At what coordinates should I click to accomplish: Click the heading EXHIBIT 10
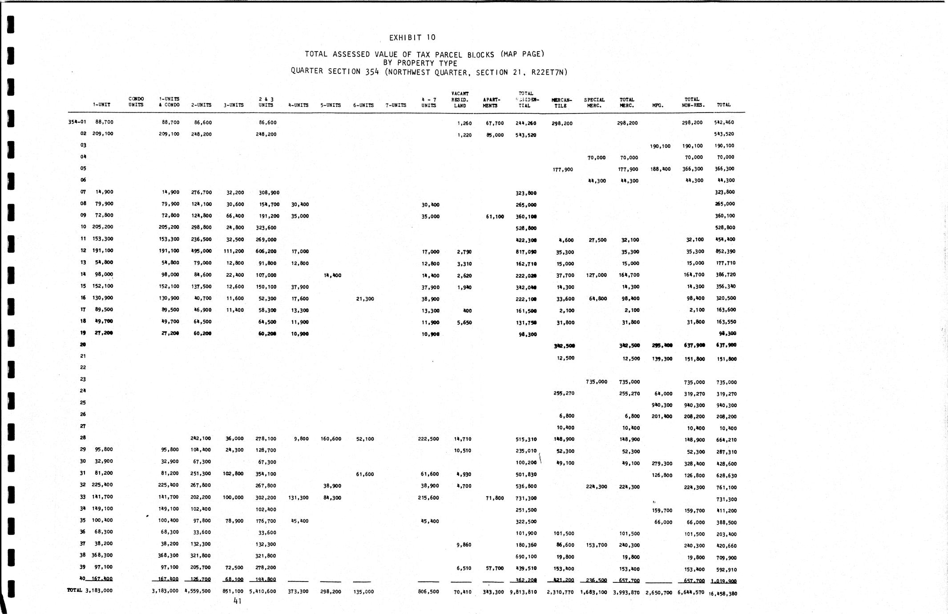pyautogui.click(x=412, y=38)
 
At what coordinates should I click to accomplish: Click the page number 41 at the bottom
pyautogui.click(x=238, y=601)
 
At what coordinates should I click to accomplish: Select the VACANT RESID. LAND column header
pyautogui.click(x=460, y=100)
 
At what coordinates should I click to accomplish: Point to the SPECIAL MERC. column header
pyautogui.click(x=594, y=103)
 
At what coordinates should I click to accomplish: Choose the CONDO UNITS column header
pyautogui.click(x=136, y=102)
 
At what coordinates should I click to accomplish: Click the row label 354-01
pyautogui.click(x=77, y=122)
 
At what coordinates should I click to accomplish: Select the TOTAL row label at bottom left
pyautogui.click(x=75, y=590)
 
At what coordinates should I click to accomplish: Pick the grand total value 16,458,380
pyautogui.click(x=723, y=593)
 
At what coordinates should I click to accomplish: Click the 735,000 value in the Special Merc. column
pyautogui.click(x=596, y=382)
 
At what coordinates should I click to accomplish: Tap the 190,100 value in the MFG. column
pyautogui.click(x=660, y=146)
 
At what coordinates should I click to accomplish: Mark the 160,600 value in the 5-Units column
pyautogui.click(x=331, y=439)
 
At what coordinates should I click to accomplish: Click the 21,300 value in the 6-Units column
pyautogui.click(x=365, y=299)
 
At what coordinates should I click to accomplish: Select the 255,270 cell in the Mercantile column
pyautogui.click(x=564, y=393)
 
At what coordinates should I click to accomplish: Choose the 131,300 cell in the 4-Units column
pyautogui.click(x=299, y=498)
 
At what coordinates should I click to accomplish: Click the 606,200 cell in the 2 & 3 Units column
pyautogui.click(x=267, y=251)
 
